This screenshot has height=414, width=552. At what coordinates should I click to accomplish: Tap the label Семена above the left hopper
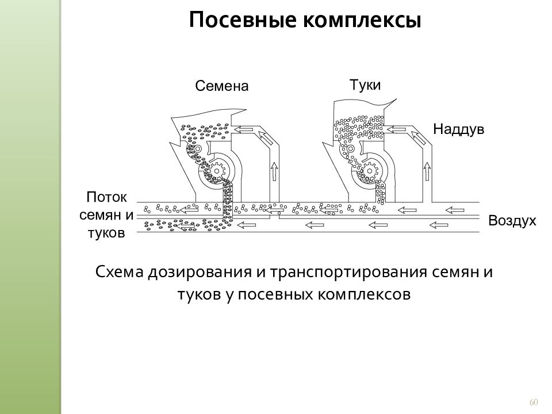coord(222,86)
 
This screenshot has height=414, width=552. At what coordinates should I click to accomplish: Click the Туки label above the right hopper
coord(365,85)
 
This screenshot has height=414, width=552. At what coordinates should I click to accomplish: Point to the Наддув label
coord(459,129)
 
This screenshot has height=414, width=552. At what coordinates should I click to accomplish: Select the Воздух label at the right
coord(512,221)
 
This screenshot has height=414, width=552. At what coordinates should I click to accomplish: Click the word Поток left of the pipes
coord(106,197)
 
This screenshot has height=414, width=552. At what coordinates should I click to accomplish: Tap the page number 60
coord(534,402)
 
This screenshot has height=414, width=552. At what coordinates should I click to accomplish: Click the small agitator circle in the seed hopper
coord(197,148)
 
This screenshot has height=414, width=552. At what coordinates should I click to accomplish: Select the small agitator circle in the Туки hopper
coord(350,149)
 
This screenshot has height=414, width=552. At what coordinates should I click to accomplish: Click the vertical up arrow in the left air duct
coord(274,171)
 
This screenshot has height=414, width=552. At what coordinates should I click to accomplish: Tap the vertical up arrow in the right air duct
coord(427,171)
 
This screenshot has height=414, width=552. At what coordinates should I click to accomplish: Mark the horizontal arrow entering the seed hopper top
coord(244,129)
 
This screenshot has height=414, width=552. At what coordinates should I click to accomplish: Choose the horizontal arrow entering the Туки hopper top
coord(396,129)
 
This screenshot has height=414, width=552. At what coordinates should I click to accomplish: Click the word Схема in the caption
coord(120,272)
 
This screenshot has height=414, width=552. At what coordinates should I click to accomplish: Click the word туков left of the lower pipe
coord(106,233)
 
